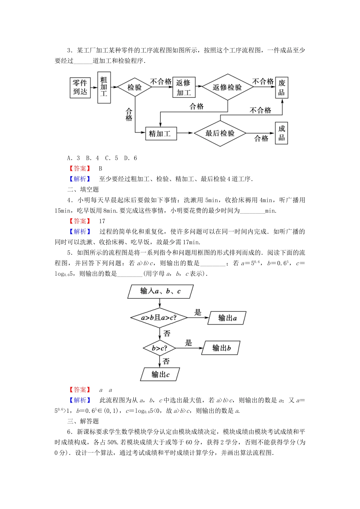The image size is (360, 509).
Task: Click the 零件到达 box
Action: [x=80, y=87]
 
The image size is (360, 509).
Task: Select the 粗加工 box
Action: [x=104, y=87]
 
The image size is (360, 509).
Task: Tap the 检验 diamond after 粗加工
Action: [x=135, y=87]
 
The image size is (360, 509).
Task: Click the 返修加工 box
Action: [x=183, y=87]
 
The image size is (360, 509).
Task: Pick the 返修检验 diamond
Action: [x=227, y=87]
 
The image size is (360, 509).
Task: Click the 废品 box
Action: [x=282, y=87]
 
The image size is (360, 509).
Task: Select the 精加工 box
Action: [x=161, y=133]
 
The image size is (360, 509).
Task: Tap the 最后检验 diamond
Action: [x=220, y=133]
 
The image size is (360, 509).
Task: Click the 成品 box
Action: [x=282, y=133]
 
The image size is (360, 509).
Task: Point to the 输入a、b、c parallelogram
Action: [x=161, y=291]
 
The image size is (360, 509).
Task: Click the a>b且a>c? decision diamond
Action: [x=159, y=318]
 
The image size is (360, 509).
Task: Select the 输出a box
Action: [x=227, y=318]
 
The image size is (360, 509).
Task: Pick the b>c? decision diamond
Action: [x=159, y=348]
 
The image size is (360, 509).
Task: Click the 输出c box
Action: [x=160, y=375]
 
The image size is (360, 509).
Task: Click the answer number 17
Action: [x=102, y=221]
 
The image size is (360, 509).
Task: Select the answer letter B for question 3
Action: [x=100, y=169]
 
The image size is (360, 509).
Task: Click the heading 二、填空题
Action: [x=83, y=189]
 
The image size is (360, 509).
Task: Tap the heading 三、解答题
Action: [x=83, y=421]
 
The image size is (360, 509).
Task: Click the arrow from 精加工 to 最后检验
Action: [x=185, y=133]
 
